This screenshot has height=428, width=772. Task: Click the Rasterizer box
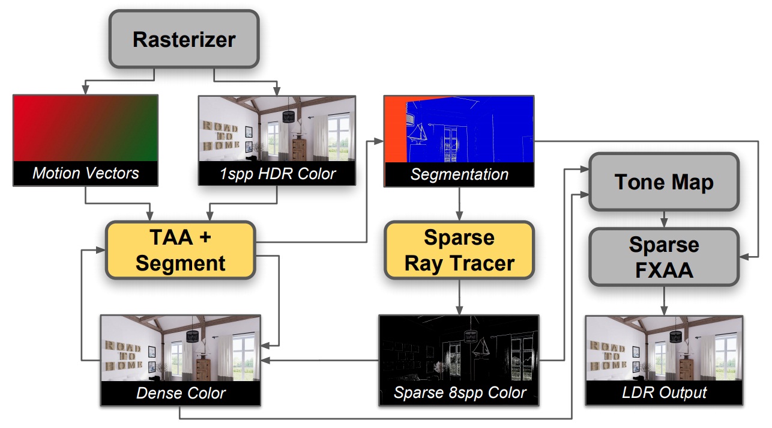pyautogui.click(x=184, y=39)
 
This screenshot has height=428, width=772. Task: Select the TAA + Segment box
pyautogui.click(x=181, y=250)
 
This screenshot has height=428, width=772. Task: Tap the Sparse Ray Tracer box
pyautogui.click(x=459, y=250)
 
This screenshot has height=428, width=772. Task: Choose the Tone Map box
pyautogui.click(x=664, y=182)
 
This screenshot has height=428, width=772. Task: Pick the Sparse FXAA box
pyautogui.click(x=664, y=257)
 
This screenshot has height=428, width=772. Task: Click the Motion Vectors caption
pyautogui.click(x=85, y=174)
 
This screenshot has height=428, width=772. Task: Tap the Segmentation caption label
pyautogui.click(x=459, y=174)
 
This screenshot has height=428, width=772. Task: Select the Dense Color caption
pyautogui.click(x=181, y=393)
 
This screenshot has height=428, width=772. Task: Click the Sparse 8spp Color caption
pyautogui.click(x=459, y=393)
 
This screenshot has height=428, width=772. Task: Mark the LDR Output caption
pyautogui.click(x=664, y=393)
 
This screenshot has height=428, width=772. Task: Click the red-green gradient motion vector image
pyautogui.click(x=85, y=127)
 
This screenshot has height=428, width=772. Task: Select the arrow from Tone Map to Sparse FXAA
pyautogui.click(x=664, y=219)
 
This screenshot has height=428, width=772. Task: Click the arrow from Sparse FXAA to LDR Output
pyautogui.click(x=664, y=300)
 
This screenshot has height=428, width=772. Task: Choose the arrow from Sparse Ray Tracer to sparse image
pyautogui.click(x=459, y=297)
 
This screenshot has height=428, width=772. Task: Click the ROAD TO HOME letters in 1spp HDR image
pyautogui.click(x=221, y=136)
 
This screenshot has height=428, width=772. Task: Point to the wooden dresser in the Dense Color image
pyautogui.click(x=204, y=367)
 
